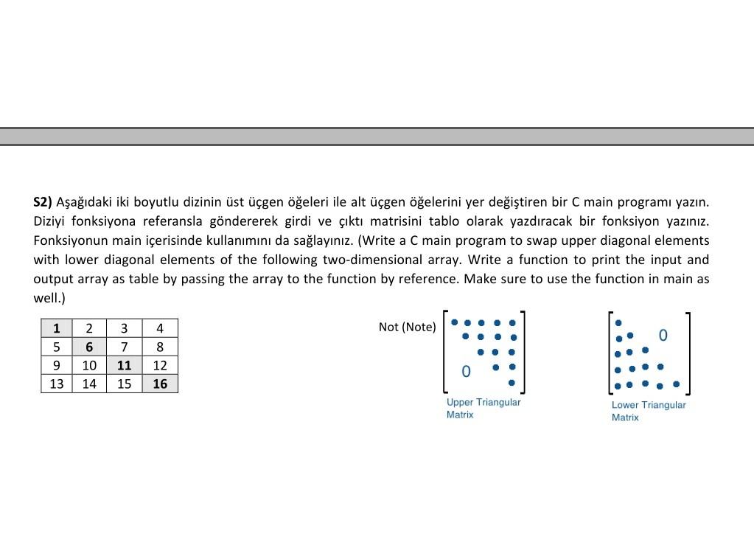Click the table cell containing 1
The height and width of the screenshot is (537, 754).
coord(57,328)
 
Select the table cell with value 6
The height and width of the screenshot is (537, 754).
coord(89,347)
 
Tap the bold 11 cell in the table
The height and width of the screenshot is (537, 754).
coord(124,365)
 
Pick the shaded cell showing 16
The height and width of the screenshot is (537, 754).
coord(160,384)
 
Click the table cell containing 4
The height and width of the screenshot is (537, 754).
coord(160,328)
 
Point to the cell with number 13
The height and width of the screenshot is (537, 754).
coord(57,384)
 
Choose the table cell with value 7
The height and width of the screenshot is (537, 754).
coord(124,347)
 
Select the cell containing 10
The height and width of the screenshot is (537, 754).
coord(89,365)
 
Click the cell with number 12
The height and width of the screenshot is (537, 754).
coord(160,365)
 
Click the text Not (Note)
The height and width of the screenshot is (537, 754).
coord(407,327)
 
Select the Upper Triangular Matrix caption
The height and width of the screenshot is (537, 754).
coord(483,409)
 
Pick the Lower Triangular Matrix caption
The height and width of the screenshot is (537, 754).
coord(648,411)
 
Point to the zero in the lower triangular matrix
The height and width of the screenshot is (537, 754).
coord(663,336)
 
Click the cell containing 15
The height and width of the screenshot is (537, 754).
coord(124,384)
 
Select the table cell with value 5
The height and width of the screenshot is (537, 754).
coord(57,347)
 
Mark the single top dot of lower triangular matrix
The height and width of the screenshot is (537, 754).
coord(618,323)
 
